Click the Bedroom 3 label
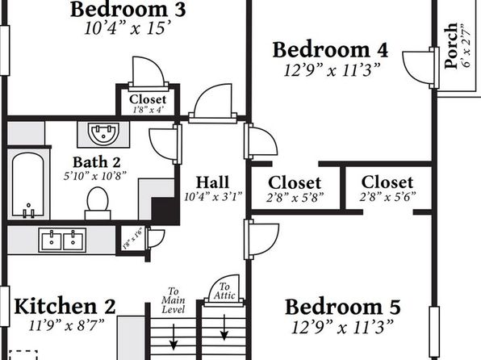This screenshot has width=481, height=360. coord(128,9)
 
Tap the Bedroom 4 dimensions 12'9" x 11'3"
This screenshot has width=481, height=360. coord(332,70)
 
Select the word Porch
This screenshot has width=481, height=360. coord(451,45)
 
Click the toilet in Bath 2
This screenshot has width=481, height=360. coord(98,203)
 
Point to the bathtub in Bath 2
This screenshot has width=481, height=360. coord(28,185)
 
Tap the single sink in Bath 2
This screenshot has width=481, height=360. coord(103,133)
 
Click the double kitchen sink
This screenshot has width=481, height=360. coord(62,241)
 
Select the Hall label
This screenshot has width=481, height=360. coord(212,182)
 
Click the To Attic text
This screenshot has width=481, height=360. coord(224,291)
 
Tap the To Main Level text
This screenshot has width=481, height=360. coord(173,300)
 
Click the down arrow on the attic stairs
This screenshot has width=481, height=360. coord(224,327)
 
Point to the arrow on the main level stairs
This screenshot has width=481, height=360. coord(174,337)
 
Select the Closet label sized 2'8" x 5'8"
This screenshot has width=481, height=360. coord(295,183)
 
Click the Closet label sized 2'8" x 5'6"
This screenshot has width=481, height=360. coord(387,182)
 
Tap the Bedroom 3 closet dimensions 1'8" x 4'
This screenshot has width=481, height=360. coord(148,110)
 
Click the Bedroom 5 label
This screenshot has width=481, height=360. coord(343,308)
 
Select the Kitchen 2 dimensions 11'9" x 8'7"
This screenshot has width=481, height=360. coord(66,325)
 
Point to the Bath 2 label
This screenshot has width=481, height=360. coord(97,162)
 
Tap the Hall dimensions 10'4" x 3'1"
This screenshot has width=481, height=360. coord(213,197)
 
